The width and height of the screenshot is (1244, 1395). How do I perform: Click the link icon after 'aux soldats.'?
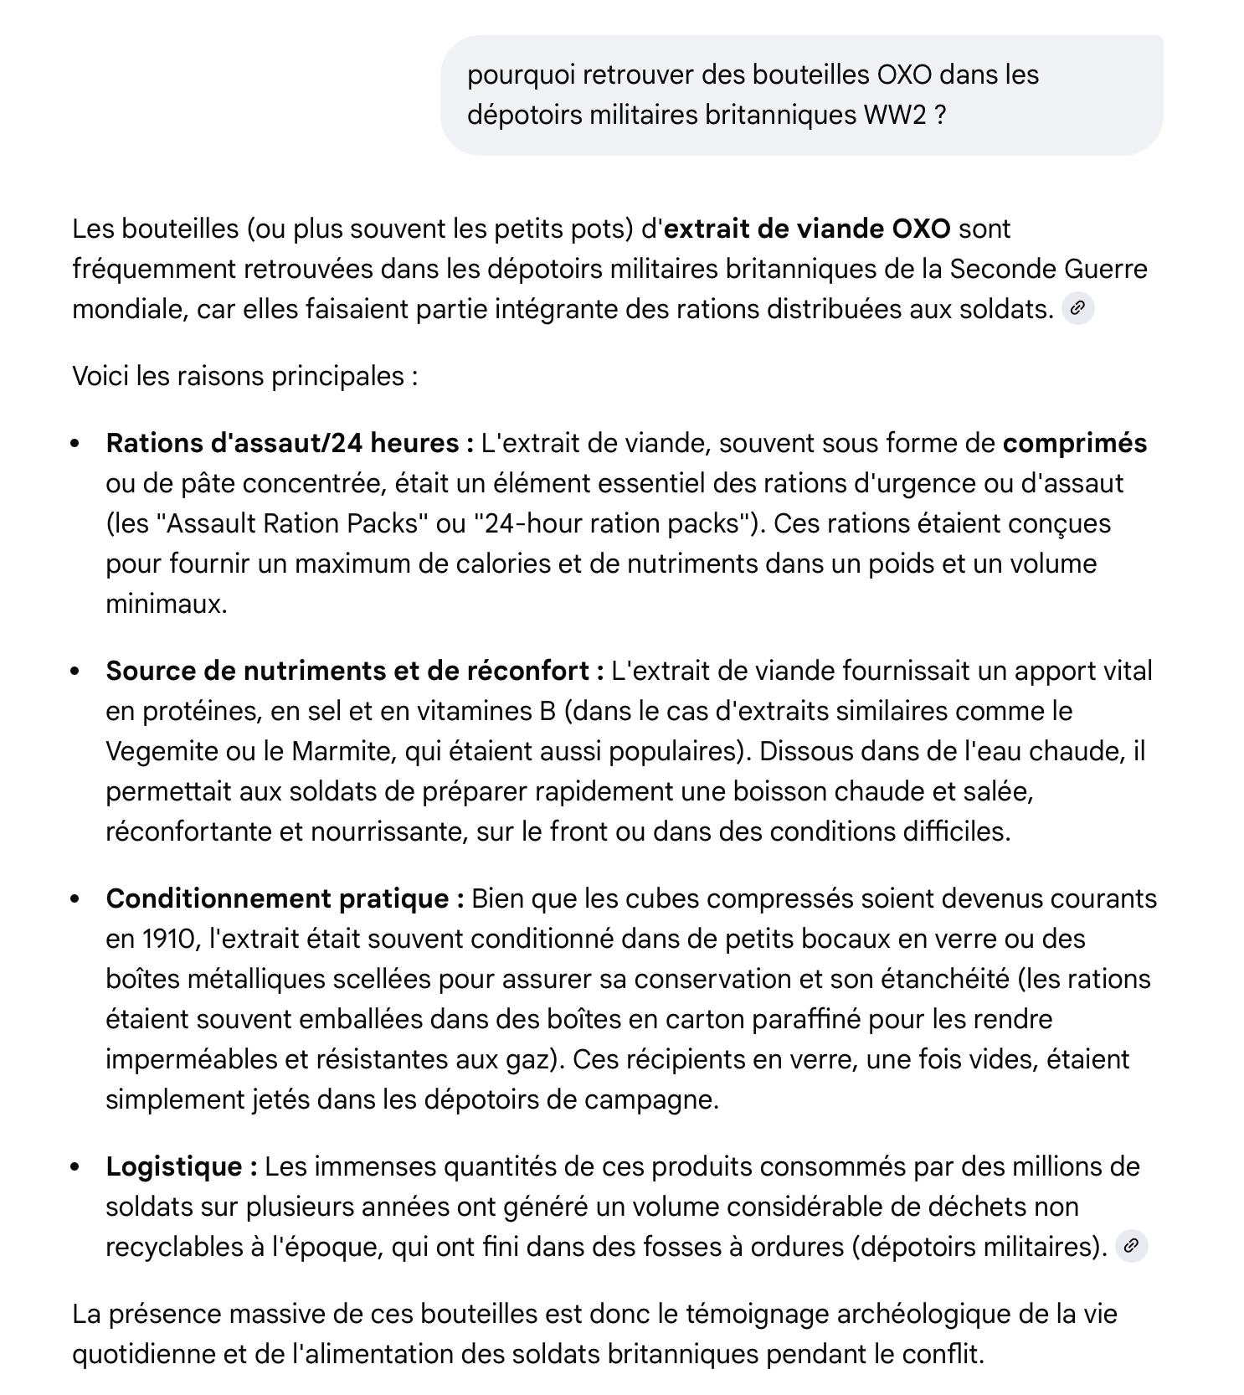1077,309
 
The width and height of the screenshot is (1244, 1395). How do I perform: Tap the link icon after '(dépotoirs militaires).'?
1131,1246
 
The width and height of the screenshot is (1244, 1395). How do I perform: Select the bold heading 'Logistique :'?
182,1166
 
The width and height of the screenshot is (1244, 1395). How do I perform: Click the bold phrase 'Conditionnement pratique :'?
285,898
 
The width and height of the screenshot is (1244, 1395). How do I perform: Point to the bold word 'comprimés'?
1074,443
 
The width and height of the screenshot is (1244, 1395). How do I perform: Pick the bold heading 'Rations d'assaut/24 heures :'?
290,443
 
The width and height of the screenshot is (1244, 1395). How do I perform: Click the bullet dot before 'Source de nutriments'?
76,672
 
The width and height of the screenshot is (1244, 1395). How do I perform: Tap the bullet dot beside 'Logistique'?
76,1167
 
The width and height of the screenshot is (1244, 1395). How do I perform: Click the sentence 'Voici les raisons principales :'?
244,376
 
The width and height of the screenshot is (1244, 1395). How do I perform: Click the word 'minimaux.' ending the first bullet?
166,604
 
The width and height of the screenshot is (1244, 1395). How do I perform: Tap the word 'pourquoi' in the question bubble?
521,75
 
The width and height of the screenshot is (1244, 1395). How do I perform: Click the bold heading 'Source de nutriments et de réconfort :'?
355,671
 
